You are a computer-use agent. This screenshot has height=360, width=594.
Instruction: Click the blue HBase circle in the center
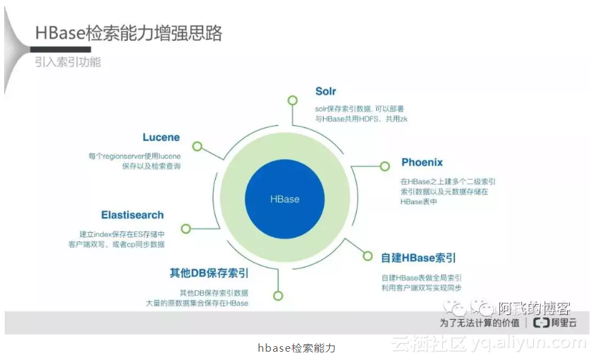click(285, 199)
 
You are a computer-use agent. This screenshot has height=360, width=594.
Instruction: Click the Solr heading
click(326, 91)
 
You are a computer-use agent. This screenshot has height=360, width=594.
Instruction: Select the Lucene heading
click(161, 137)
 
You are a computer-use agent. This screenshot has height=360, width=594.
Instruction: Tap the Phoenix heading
click(422, 162)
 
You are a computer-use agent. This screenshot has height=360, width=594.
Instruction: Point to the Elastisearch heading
click(132, 215)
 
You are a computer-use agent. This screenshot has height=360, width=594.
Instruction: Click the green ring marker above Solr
click(292, 100)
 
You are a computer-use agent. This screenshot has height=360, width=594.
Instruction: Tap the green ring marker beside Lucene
click(197, 146)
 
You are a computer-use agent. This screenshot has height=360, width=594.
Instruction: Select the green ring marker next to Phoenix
click(385, 167)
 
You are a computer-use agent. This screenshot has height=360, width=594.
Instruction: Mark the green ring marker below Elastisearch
click(185, 229)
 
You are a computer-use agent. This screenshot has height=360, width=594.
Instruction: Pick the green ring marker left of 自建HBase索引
click(367, 257)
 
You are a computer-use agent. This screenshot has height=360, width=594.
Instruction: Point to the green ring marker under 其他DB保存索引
click(277, 295)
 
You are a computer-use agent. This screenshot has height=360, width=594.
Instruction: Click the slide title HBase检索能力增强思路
click(129, 32)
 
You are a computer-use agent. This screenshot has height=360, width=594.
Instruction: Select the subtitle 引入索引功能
click(68, 62)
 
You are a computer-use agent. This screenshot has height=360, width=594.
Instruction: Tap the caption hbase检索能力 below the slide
click(296, 348)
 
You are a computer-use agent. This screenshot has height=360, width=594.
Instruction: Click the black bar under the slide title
click(63, 50)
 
